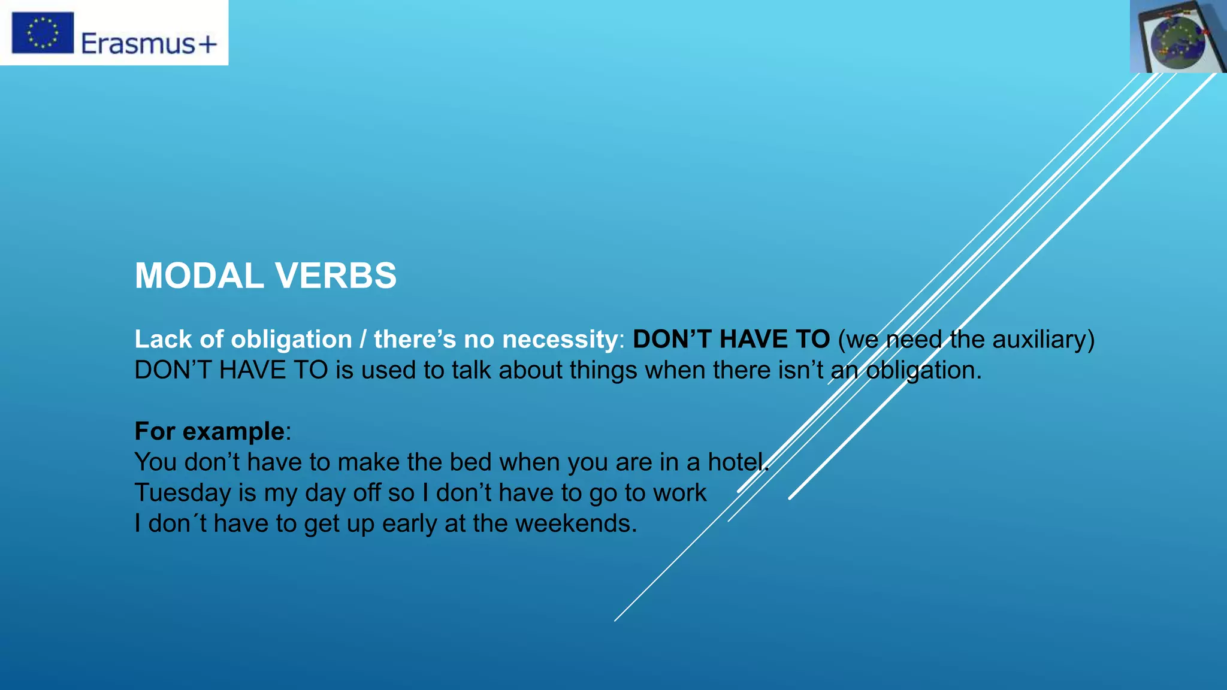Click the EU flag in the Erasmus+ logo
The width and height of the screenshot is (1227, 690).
coord(43,33)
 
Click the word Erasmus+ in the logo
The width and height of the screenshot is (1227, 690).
coord(149,44)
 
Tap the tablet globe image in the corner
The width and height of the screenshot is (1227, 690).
coord(1178,37)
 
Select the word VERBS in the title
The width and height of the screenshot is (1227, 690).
coord(336,276)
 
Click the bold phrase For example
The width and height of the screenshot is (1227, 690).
coord(210,431)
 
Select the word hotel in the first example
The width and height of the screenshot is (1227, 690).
coord(736,462)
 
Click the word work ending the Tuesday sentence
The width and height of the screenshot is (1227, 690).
coord(679,493)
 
